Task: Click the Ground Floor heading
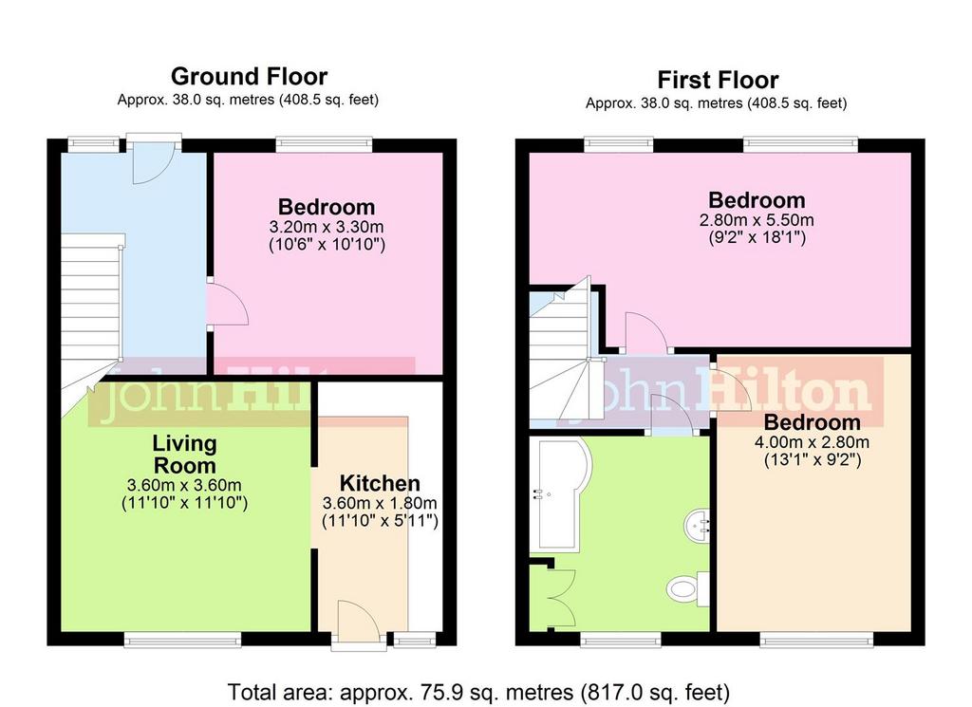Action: pyautogui.click(x=249, y=76)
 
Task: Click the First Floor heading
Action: pyautogui.click(x=718, y=80)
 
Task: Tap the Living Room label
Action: pyautogui.click(x=185, y=455)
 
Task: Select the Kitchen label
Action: pyautogui.click(x=380, y=483)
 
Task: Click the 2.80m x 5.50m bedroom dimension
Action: pyautogui.click(x=757, y=220)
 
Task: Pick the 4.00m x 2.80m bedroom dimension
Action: pyautogui.click(x=812, y=442)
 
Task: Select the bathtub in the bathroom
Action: pyautogui.click(x=560, y=494)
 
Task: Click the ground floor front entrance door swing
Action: pyautogui.click(x=153, y=163)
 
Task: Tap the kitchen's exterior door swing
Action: pyautogui.click(x=359, y=621)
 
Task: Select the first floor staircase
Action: pyautogui.click(x=561, y=353)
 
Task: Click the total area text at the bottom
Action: pyautogui.click(x=478, y=692)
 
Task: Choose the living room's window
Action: pyautogui.click(x=182, y=640)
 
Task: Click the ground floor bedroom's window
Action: pyautogui.click(x=325, y=145)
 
